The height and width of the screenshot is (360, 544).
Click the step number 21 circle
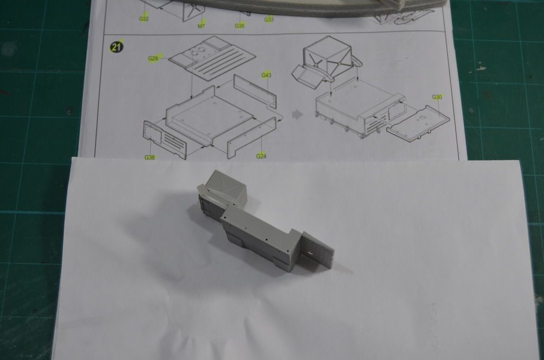(116, 46)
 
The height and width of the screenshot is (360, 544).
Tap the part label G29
(153, 58)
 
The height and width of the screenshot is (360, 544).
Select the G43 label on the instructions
(267, 75)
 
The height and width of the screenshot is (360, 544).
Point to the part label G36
(149, 158)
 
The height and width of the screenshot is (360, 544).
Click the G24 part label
(261, 156)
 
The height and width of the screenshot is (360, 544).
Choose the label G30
(437, 97)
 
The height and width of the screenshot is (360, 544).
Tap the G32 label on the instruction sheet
(143, 19)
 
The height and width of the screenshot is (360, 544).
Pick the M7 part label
(201, 25)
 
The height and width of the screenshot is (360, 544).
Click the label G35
(240, 25)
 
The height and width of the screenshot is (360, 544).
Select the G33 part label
(269, 20)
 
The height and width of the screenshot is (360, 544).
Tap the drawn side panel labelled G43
(255, 90)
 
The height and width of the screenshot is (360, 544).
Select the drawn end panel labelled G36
(165, 140)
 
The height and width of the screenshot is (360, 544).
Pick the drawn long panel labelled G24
(251, 138)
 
